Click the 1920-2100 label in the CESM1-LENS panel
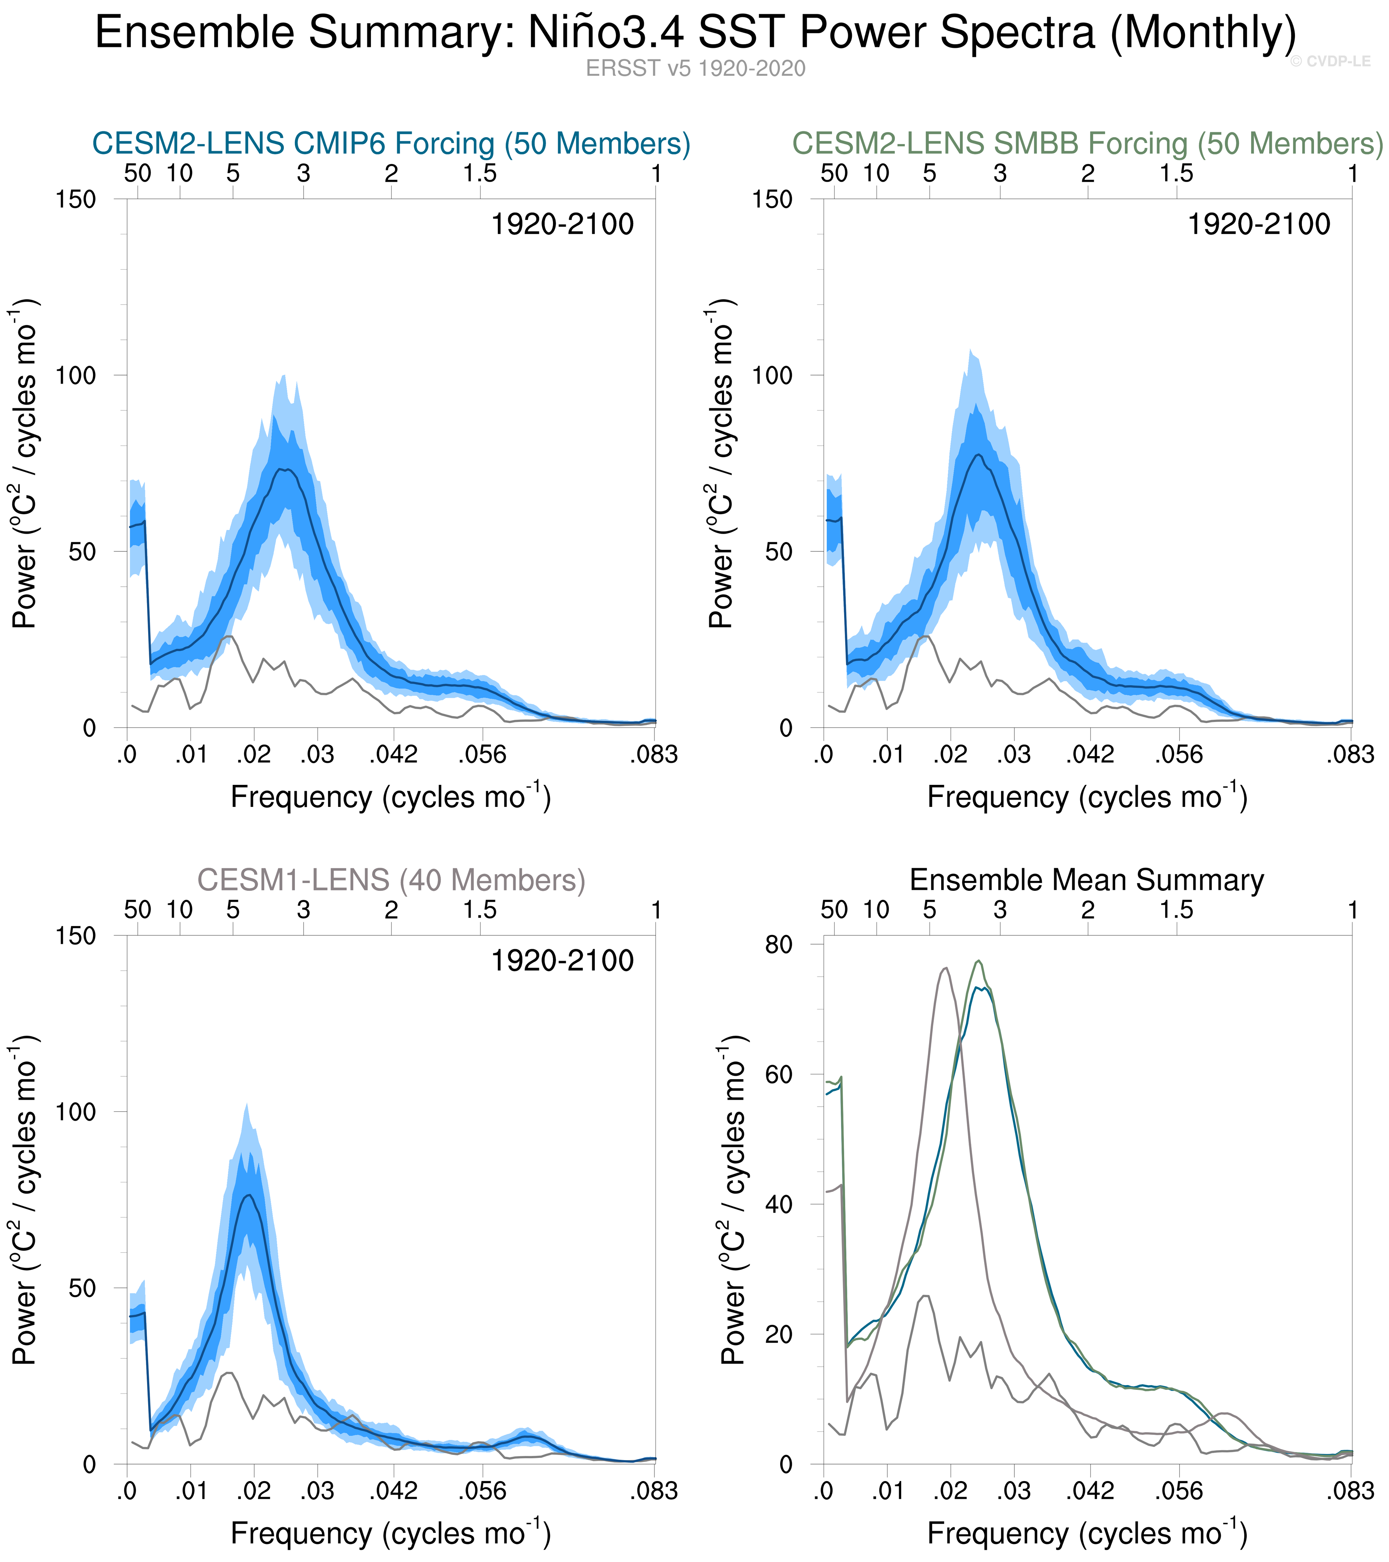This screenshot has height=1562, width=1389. point(561,961)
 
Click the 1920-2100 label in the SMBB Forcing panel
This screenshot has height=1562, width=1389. point(1258,225)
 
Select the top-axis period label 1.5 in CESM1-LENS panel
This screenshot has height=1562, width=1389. point(480,910)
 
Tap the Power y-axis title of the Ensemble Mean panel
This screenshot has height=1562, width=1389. point(733,1200)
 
